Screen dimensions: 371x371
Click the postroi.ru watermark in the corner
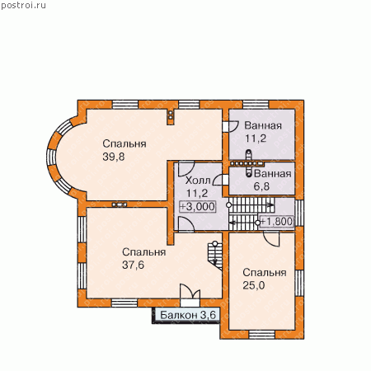click(x=23, y=6)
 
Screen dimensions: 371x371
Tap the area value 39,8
click(x=114, y=157)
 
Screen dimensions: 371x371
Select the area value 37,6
click(x=134, y=265)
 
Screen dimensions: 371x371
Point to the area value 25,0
click(x=254, y=285)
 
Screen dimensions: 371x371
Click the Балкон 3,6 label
click(x=188, y=315)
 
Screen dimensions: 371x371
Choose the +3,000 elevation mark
click(x=197, y=206)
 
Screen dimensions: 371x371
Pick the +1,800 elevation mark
click(x=276, y=222)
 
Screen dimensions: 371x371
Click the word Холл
click(x=198, y=181)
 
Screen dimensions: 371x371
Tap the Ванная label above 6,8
click(x=272, y=174)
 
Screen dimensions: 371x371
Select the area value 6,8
click(x=261, y=186)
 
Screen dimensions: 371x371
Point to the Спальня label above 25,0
click(x=265, y=273)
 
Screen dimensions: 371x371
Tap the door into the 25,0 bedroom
click(x=271, y=239)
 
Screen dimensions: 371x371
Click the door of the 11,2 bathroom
click(x=231, y=126)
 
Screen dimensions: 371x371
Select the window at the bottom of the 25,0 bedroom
click(x=262, y=335)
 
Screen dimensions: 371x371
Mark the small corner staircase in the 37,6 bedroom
click(x=215, y=256)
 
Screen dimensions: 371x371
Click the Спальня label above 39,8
click(x=124, y=143)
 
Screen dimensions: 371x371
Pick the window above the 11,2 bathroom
click(x=256, y=105)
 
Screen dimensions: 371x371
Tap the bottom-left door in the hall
click(x=186, y=224)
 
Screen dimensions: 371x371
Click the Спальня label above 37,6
click(x=143, y=252)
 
